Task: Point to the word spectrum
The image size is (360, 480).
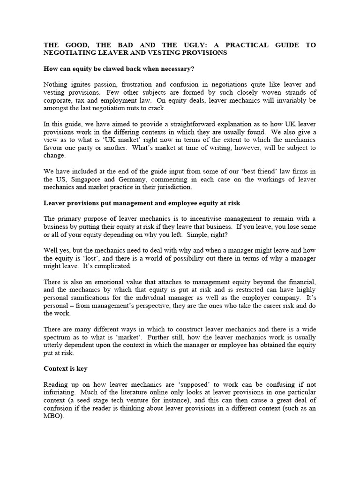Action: pos(60,337)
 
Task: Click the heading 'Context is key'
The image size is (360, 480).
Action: pos(65,369)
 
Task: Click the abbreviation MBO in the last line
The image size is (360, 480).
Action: pos(52,416)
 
